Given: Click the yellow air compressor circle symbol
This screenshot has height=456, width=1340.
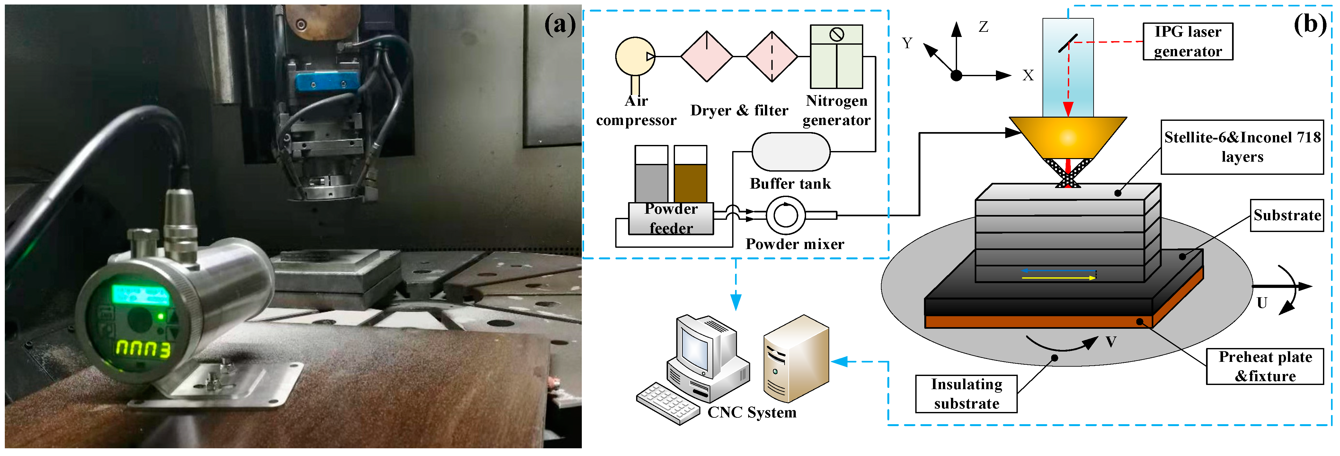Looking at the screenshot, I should tap(635, 56).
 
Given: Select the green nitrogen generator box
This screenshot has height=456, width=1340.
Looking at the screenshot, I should tap(836, 57).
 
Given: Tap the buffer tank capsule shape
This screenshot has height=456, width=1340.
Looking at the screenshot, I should tap(791, 151).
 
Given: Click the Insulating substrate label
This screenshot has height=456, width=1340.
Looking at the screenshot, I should tap(966, 394).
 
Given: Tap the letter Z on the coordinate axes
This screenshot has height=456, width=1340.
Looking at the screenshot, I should tap(983, 27).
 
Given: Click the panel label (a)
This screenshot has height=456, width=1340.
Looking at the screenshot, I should tap(560, 24).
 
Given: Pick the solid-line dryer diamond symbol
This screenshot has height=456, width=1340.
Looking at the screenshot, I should tap(706, 56).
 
